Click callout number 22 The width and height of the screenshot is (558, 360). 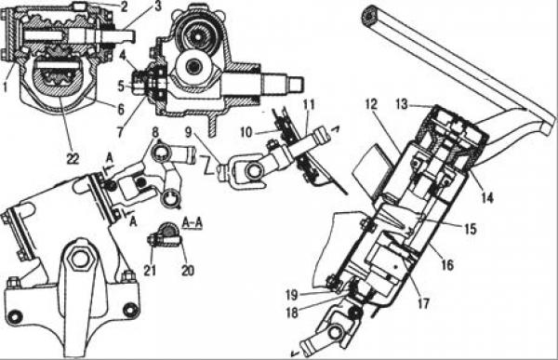73,158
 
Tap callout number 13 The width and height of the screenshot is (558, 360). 402,105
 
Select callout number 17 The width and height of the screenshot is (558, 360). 423,304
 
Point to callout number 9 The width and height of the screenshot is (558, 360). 189,132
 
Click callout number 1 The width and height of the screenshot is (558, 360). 5,87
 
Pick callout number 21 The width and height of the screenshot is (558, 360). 150,271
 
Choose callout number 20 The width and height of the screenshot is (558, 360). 188,271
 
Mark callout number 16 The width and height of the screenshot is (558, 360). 447,265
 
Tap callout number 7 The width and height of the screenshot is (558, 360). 120,132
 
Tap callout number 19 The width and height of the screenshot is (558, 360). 292,295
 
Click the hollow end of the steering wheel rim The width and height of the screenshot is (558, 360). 370,17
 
